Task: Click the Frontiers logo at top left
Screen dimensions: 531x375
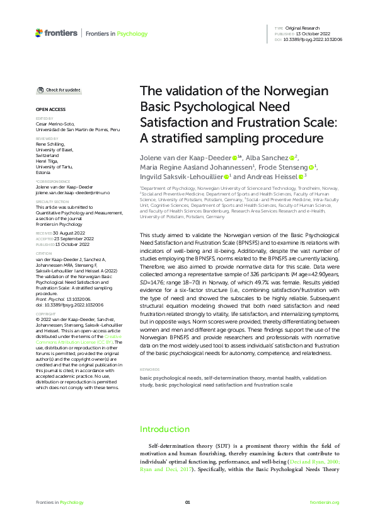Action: coord(56,33)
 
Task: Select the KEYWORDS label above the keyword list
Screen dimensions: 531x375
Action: coord(150,370)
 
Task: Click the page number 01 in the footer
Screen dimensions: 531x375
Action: coord(187,502)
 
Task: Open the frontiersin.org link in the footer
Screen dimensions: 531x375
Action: coord(325,502)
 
